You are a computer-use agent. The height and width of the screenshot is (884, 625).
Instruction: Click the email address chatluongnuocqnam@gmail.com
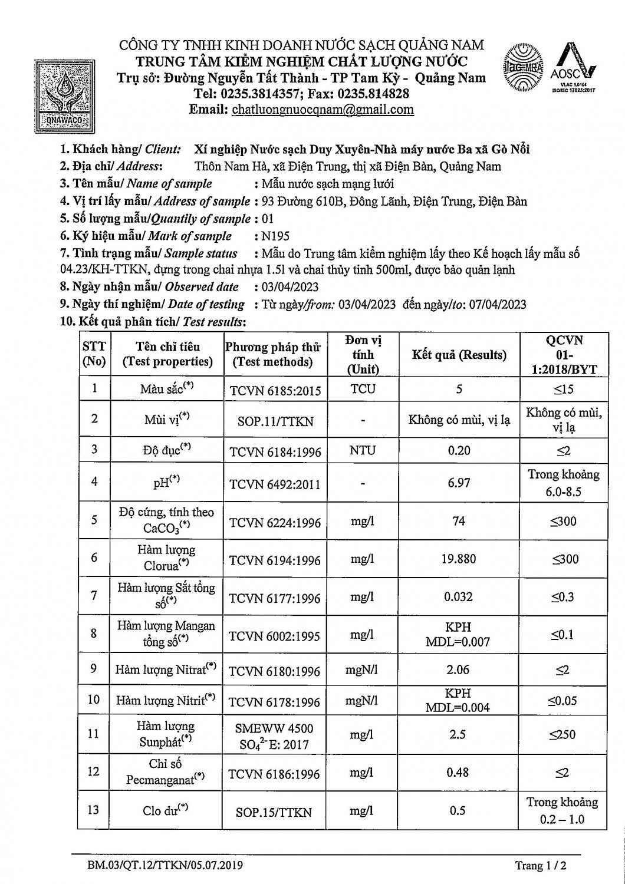[323, 110]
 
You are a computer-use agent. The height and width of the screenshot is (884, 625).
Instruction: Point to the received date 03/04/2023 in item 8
[290, 287]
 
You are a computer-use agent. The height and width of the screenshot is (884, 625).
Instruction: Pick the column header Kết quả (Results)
[459, 355]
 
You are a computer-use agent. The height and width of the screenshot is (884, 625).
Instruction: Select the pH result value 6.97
[459, 483]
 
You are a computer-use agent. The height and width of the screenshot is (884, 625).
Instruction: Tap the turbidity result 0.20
[459, 451]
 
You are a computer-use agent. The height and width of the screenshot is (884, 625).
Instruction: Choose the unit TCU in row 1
[363, 389]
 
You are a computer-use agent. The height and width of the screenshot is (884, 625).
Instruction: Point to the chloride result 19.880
[458, 558]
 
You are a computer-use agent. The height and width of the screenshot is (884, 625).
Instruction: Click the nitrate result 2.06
[458, 669]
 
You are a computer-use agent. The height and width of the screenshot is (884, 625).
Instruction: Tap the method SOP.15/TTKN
[274, 812]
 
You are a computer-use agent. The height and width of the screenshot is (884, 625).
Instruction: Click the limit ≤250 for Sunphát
[563, 734]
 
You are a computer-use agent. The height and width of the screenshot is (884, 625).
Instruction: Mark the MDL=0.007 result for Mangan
[458, 642]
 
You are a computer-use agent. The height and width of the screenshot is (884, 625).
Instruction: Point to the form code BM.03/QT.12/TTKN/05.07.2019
[163, 865]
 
